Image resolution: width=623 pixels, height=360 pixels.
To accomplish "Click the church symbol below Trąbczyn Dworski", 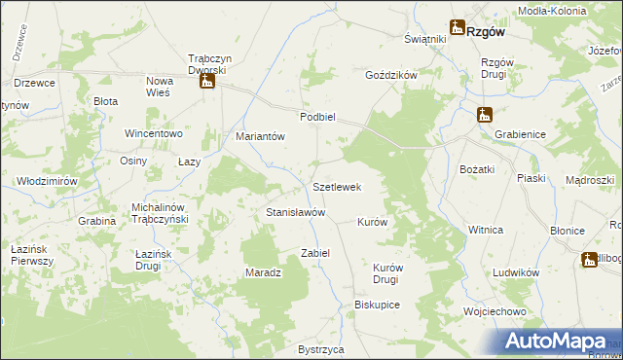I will pyautogui.click(x=206, y=83).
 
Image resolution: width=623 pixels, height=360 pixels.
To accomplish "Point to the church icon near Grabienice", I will pyautogui.click(x=485, y=116).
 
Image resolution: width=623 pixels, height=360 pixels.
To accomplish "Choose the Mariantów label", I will pyautogui.click(x=260, y=137).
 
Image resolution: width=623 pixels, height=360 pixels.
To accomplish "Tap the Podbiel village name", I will pyautogui.click(x=317, y=116).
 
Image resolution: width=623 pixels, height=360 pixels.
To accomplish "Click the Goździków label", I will pyautogui.click(x=390, y=75).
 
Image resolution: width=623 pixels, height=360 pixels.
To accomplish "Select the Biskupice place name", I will pyautogui.click(x=378, y=305).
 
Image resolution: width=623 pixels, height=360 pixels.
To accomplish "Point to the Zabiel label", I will pyautogui.click(x=315, y=253).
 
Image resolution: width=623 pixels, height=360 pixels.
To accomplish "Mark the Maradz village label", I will pyautogui.click(x=263, y=272).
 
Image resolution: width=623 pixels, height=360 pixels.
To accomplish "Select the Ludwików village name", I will pyautogui.click(x=516, y=273).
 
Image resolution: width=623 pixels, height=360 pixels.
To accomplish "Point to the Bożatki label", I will pyautogui.click(x=478, y=169).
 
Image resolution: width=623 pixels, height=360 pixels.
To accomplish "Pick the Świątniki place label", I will pyautogui.click(x=424, y=39).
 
